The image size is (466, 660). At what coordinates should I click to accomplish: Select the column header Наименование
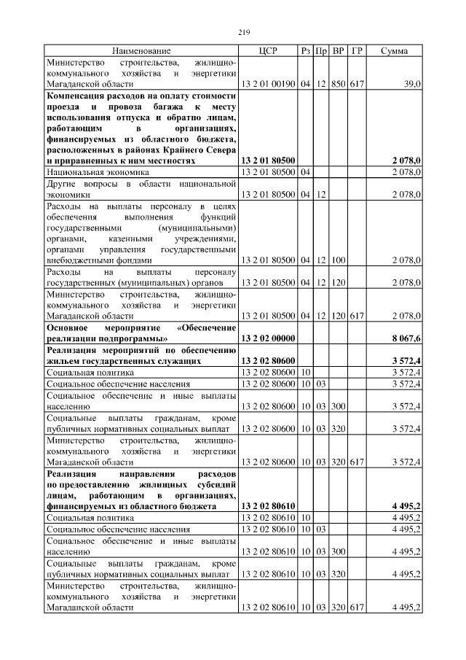(x=141, y=51)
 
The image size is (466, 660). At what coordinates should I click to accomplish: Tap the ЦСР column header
(x=267, y=51)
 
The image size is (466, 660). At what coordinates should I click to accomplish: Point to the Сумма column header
(x=394, y=51)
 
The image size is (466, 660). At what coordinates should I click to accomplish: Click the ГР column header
(x=357, y=51)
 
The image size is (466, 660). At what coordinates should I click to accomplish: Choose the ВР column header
(x=338, y=51)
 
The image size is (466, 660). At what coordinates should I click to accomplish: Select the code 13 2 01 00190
(x=267, y=85)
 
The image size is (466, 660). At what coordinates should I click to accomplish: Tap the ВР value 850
(x=338, y=85)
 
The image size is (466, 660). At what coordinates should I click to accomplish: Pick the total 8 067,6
(x=406, y=338)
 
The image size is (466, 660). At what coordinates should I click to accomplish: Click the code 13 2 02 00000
(x=267, y=338)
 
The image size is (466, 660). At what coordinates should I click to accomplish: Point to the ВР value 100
(x=338, y=259)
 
